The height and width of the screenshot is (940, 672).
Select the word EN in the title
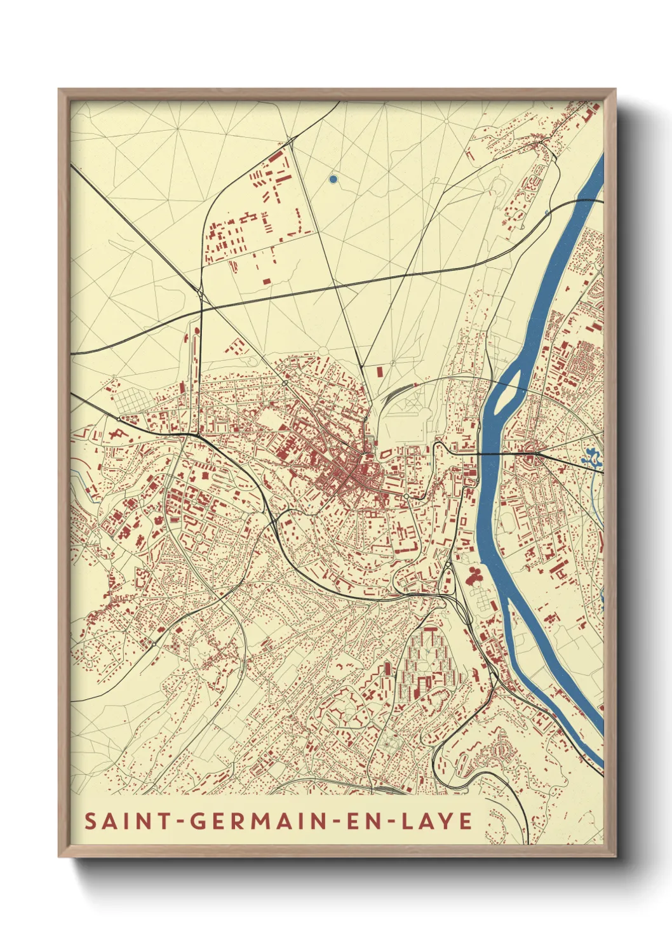(358, 821)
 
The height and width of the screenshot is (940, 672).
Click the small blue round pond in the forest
(333, 179)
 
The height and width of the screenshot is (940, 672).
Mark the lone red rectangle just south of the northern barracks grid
(266, 280)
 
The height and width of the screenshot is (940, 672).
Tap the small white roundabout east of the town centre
(406, 496)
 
